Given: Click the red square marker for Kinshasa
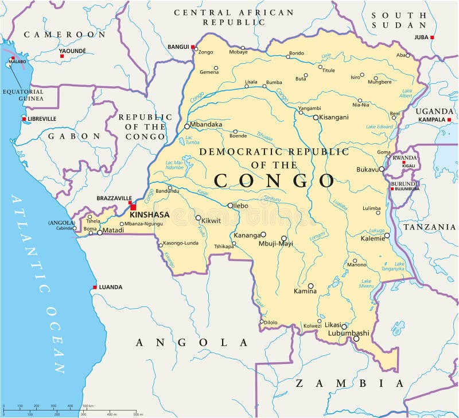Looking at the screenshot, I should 133,207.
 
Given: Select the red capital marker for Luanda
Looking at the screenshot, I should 95,287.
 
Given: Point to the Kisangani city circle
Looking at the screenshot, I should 316,117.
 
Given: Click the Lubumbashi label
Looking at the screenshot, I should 348,333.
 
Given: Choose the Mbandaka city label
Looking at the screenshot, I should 207,124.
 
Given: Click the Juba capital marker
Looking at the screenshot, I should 416,37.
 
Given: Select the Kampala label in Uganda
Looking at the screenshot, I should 432,120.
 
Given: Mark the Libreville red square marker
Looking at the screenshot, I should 24,119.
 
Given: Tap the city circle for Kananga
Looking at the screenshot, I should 263,235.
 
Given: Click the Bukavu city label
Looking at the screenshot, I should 367,170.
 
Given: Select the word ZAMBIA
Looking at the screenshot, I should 349,383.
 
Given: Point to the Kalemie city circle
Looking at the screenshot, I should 387,235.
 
